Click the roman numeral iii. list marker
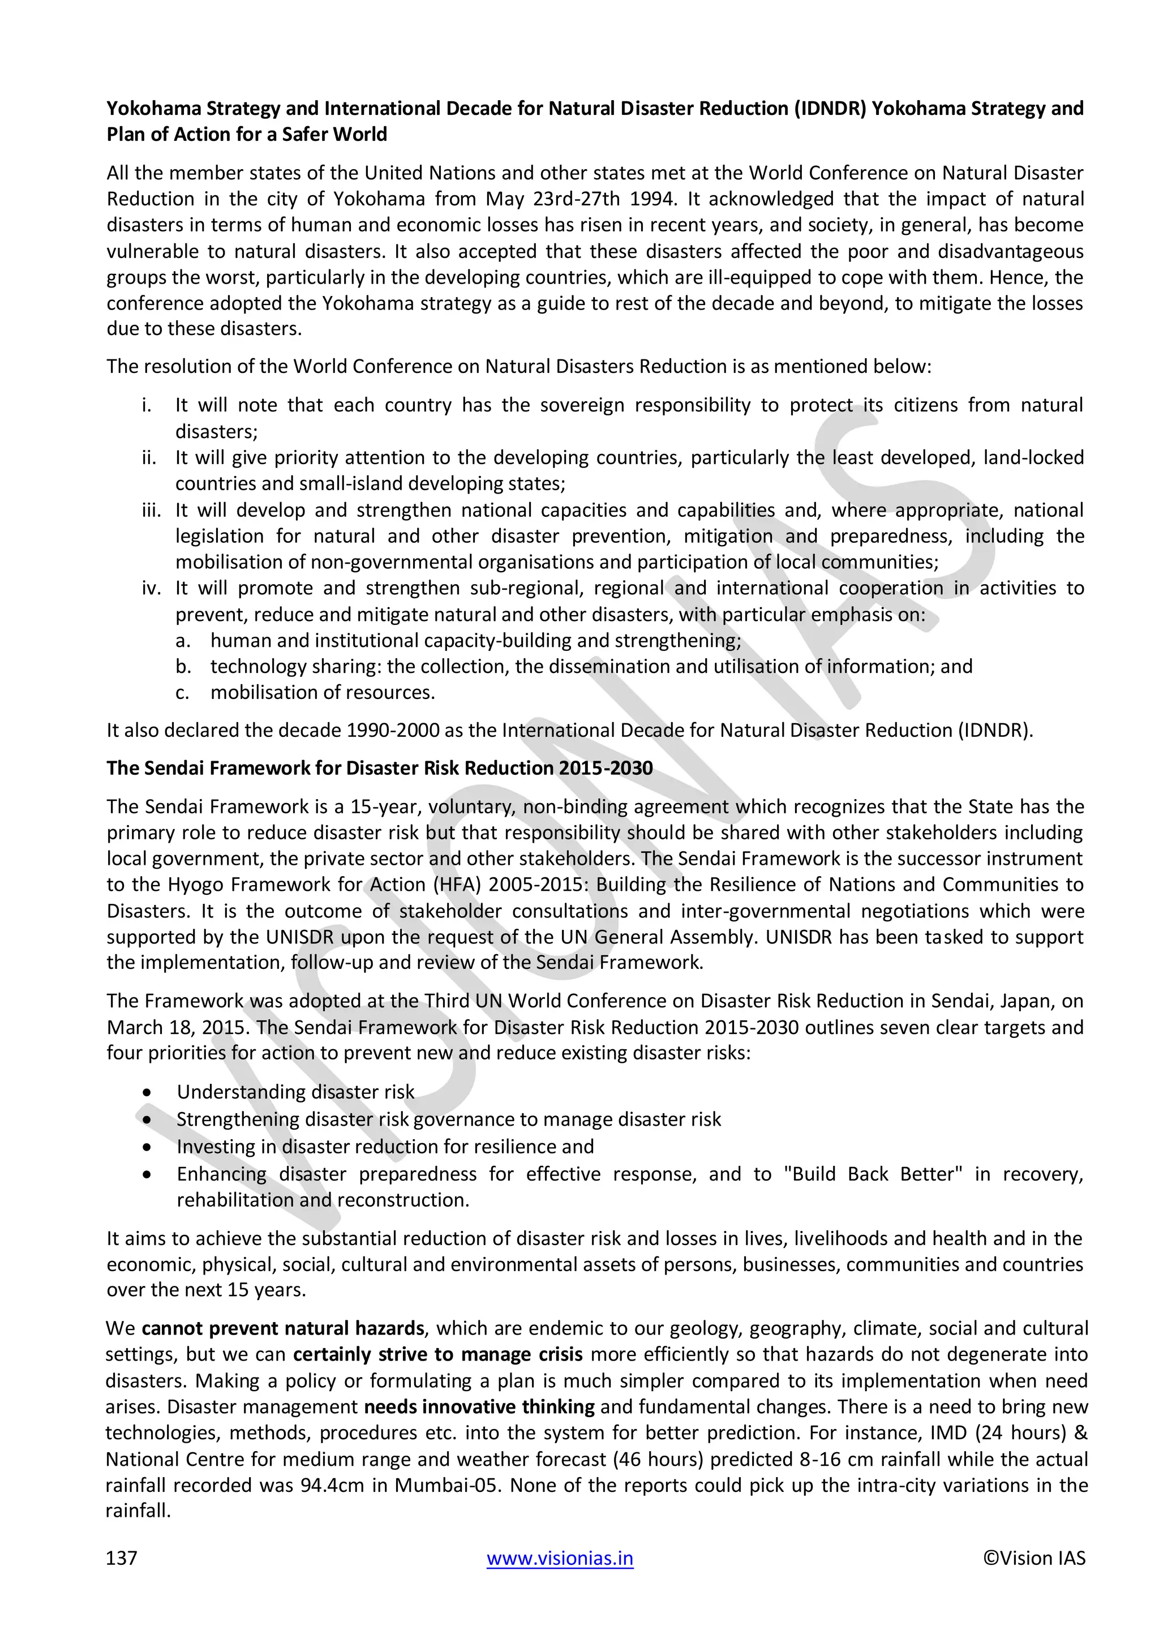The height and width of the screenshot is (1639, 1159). [151, 510]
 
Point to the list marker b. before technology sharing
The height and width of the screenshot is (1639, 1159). [183, 666]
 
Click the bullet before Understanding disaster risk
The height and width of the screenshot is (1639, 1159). [147, 1092]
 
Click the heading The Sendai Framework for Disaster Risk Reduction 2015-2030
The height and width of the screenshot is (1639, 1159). [380, 768]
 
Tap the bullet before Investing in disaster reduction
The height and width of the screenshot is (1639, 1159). [147, 1147]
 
